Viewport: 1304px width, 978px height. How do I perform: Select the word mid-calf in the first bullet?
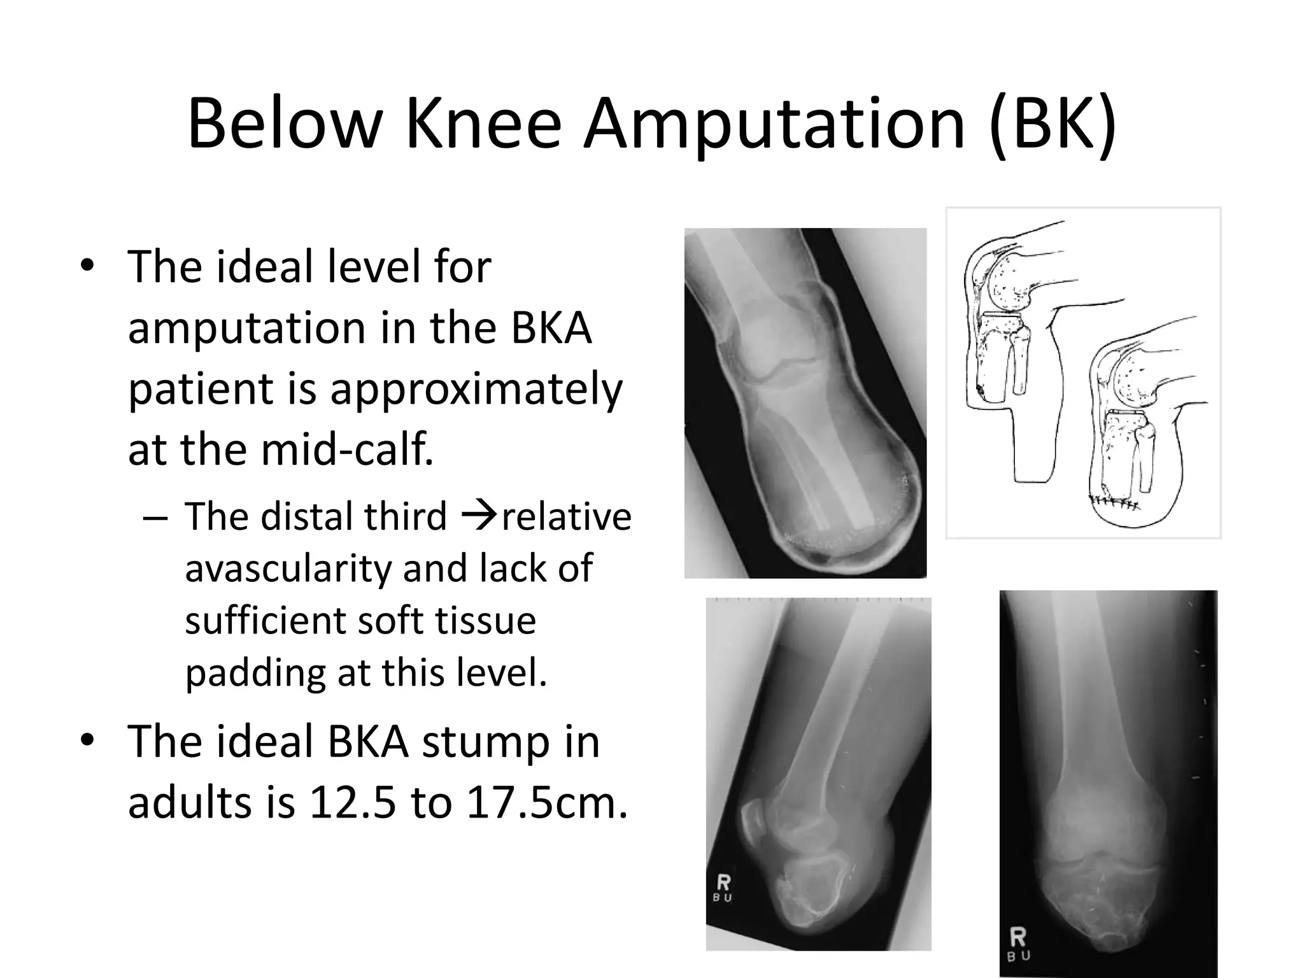pyautogui.click(x=347, y=449)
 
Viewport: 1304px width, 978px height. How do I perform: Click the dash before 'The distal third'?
pyautogui.click(x=155, y=517)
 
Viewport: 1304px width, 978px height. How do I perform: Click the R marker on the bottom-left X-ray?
pyautogui.click(x=723, y=882)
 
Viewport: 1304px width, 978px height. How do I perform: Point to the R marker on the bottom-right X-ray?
pyautogui.click(x=1017, y=937)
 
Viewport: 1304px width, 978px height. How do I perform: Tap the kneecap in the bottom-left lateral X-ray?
pyautogui.click(x=754, y=822)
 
